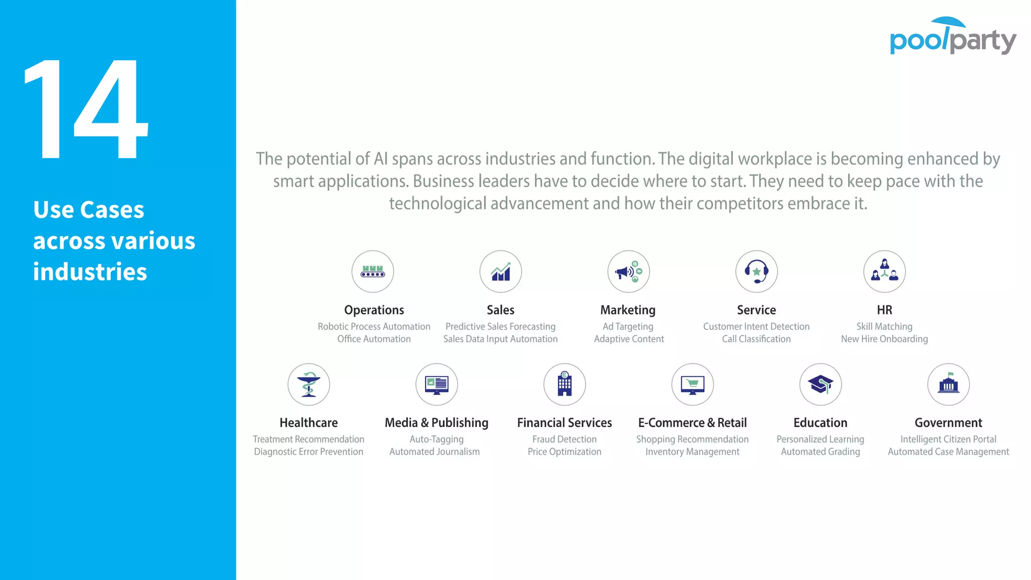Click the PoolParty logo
952,36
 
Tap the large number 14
86,109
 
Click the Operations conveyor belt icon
373,272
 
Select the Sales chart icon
500,272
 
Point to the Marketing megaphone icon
628,272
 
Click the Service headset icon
756,272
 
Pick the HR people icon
885,272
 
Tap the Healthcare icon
309,385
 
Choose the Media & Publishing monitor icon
436,385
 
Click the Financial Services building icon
564,385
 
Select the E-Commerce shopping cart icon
693,385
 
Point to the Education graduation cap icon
821,385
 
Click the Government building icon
948,385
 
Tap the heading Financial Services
564,423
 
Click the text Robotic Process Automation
374,327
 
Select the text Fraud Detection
564,440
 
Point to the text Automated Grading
821,452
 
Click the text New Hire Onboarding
885,339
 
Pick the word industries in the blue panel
90,272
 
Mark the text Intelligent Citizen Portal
948,440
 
